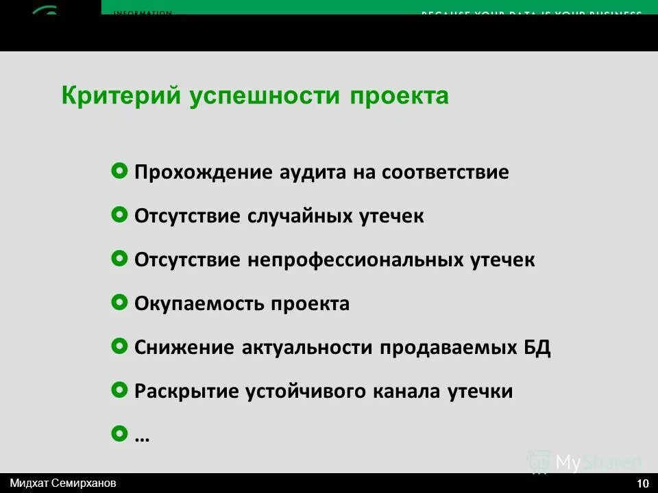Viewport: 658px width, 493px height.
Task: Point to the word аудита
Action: click(x=313, y=172)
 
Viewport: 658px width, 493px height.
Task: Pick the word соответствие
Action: click(x=445, y=172)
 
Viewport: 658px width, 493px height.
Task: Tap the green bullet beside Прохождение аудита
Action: click(x=119, y=171)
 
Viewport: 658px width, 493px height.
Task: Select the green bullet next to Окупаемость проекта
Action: click(x=119, y=303)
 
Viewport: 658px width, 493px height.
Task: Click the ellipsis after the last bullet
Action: click(x=143, y=437)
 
